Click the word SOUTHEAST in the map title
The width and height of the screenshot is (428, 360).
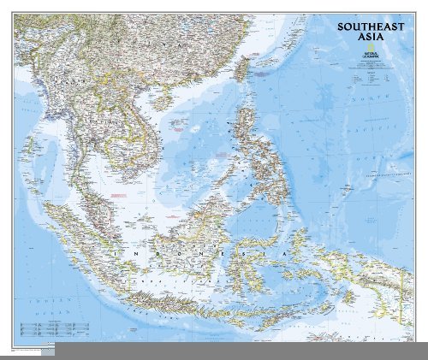pos(366,27)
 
